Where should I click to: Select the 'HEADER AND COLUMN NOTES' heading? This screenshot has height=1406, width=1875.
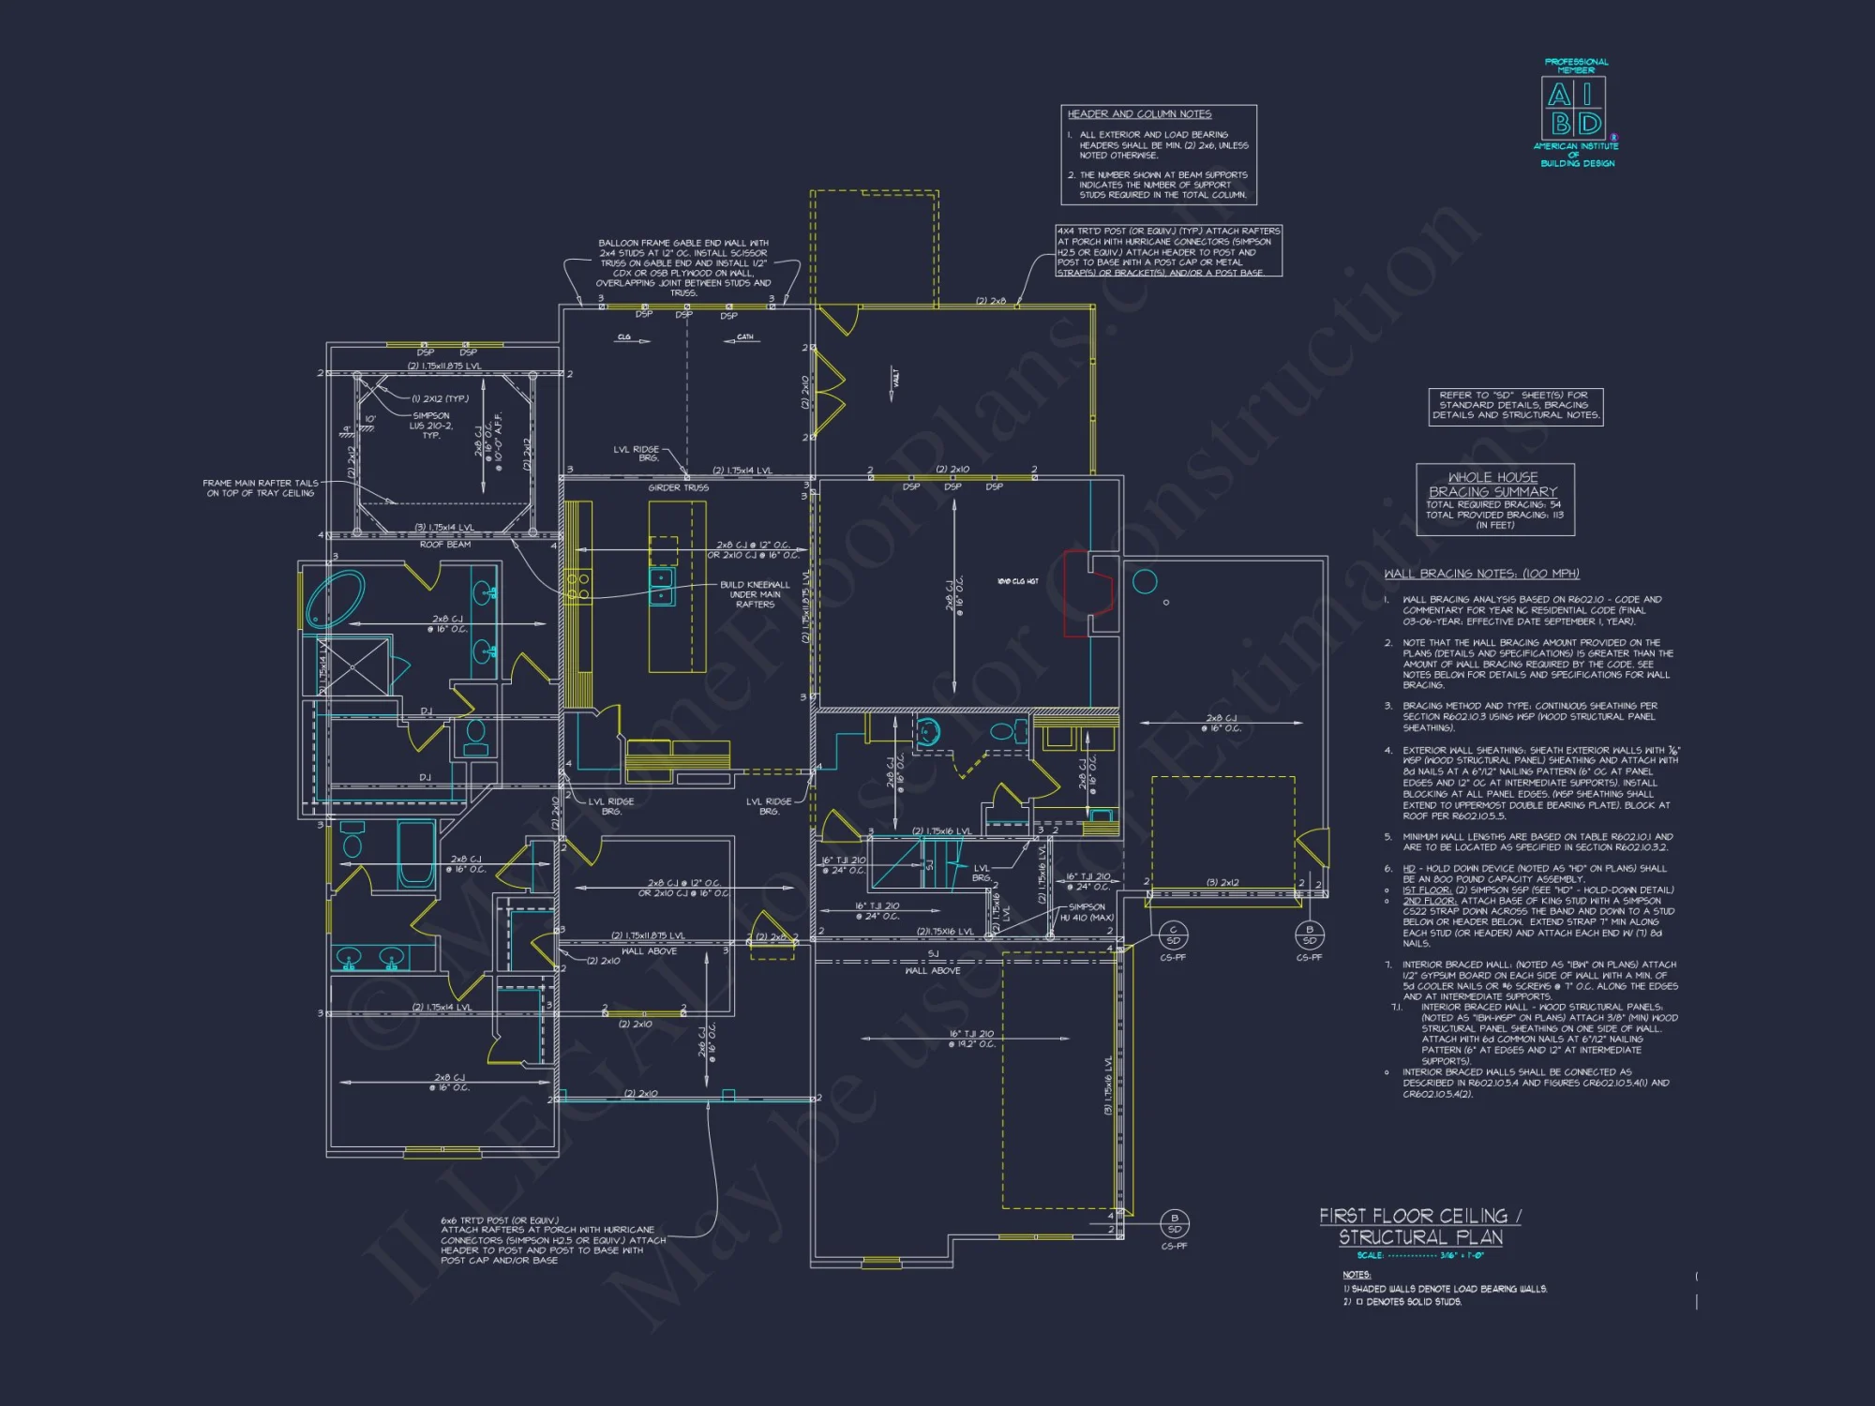click(x=1139, y=114)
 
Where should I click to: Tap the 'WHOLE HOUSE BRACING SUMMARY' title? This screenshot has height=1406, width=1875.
click(x=1492, y=485)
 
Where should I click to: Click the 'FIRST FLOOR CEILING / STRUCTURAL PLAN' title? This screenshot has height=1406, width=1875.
click(x=1419, y=1226)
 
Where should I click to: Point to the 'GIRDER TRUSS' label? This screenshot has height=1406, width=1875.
click(x=678, y=487)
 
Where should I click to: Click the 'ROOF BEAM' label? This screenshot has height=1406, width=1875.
click(x=445, y=544)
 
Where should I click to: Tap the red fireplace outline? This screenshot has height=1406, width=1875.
click(x=1088, y=594)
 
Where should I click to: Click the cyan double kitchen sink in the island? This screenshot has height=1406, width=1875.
click(x=662, y=587)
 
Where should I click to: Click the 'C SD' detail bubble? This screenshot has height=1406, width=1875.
click(x=1173, y=935)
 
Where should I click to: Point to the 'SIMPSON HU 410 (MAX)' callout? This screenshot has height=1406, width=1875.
click(x=1086, y=912)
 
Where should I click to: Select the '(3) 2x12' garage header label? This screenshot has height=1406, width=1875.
click(x=1222, y=883)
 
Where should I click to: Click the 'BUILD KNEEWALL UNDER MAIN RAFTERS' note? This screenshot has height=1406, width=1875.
click(x=755, y=594)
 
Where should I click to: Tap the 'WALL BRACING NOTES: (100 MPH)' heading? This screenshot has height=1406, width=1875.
click(x=1481, y=574)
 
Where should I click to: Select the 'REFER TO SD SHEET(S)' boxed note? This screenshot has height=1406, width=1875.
click(x=1515, y=406)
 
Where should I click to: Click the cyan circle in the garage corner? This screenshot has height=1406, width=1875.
click(x=1145, y=582)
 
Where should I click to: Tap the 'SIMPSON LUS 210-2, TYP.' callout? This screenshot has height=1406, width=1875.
click(x=430, y=426)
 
